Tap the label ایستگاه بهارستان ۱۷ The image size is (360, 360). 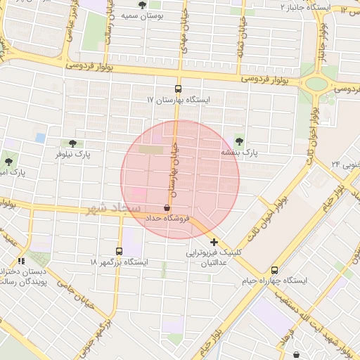178,101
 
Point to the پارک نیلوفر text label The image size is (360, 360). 73,153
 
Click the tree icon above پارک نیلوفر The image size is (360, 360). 72,143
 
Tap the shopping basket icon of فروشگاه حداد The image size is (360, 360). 167,208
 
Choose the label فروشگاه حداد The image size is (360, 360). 168,219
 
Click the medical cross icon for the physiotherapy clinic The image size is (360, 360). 214,242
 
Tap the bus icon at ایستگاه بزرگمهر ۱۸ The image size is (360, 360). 119,251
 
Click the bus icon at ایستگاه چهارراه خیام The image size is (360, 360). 274,270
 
